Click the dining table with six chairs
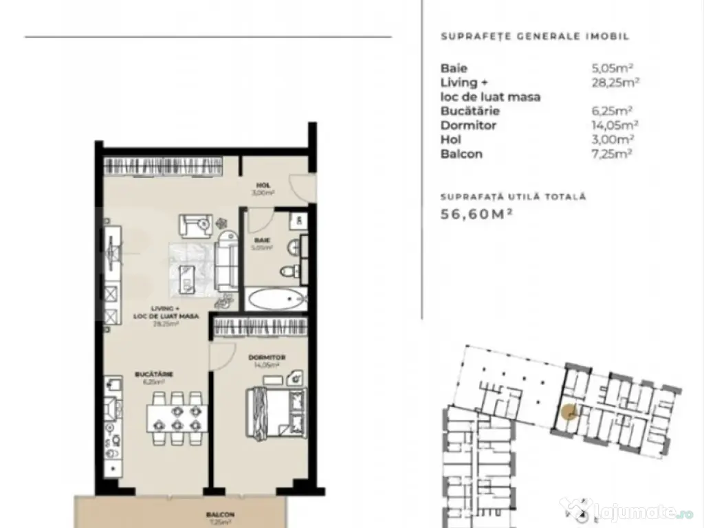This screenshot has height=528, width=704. [177, 417]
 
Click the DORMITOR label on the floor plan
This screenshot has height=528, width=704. [267, 358]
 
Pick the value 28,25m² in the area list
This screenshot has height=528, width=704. [612, 82]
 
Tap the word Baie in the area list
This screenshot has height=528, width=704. [454, 68]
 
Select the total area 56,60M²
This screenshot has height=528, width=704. [476, 214]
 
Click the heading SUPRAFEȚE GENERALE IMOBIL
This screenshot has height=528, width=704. [534, 37]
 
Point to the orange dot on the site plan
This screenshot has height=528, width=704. [568, 413]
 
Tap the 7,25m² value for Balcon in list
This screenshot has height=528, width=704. [612, 154]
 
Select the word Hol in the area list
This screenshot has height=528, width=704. [451, 140]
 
